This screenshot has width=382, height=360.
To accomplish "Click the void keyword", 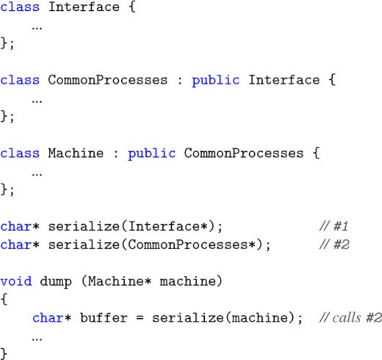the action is coord(16,281).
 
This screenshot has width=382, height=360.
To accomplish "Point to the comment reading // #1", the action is coord(334,226).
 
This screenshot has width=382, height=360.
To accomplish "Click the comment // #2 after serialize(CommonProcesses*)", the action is coord(334,245).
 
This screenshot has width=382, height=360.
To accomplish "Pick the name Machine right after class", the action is coord(76,153).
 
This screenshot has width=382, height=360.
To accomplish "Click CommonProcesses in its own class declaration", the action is coord(107,80).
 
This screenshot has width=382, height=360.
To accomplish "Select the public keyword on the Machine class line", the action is coord(151,153).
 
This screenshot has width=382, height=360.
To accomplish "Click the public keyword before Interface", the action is coord(215,80).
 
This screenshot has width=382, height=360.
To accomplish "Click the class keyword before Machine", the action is coord(20,153).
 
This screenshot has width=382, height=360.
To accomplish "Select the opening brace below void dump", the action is coord(5,300).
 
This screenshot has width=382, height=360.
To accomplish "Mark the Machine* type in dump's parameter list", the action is coord(120,281).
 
